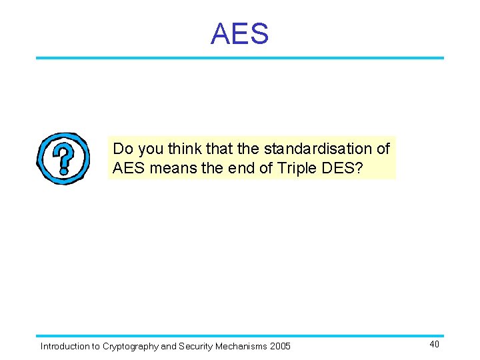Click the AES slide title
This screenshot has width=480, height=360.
point(239,33)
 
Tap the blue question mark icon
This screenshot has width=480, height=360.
point(63,158)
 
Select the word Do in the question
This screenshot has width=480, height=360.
point(123,148)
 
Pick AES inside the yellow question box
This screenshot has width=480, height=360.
point(129,168)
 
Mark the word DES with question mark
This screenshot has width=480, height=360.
point(343,168)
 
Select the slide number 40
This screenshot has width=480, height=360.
point(434,344)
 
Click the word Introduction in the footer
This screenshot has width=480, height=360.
point(65,346)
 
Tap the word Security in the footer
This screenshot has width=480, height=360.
point(197,346)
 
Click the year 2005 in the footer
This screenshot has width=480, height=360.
point(280,346)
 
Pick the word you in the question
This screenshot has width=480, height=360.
point(150,148)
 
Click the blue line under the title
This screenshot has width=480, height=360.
point(239,58)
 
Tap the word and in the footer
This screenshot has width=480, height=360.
point(169,346)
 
